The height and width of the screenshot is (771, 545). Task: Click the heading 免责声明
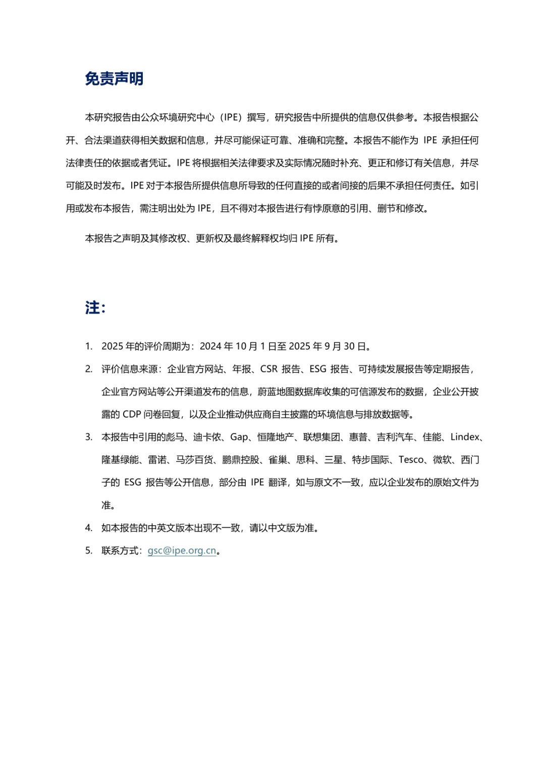point(114,79)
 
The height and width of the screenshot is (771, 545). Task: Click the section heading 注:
point(95,307)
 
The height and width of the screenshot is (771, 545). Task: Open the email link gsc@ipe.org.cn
point(182,551)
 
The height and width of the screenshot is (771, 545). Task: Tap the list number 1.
point(88,346)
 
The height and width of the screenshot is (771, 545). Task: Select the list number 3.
point(88,437)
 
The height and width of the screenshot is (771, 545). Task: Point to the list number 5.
point(88,551)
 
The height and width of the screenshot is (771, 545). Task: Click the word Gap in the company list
point(239,437)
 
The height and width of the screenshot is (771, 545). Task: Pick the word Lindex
point(464,437)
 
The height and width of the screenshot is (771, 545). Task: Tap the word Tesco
point(411,460)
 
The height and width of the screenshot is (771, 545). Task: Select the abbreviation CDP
point(132,415)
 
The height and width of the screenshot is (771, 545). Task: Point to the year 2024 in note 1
point(210,346)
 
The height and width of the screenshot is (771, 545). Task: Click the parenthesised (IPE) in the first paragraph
point(232,118)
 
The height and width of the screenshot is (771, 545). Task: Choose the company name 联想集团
point(321,437)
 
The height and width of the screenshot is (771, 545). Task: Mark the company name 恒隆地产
point(276,437)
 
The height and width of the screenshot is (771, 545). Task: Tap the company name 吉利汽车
point(395,437)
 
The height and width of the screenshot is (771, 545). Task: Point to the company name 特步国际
point(370,460)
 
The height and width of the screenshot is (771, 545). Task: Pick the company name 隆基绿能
point(120,460)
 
